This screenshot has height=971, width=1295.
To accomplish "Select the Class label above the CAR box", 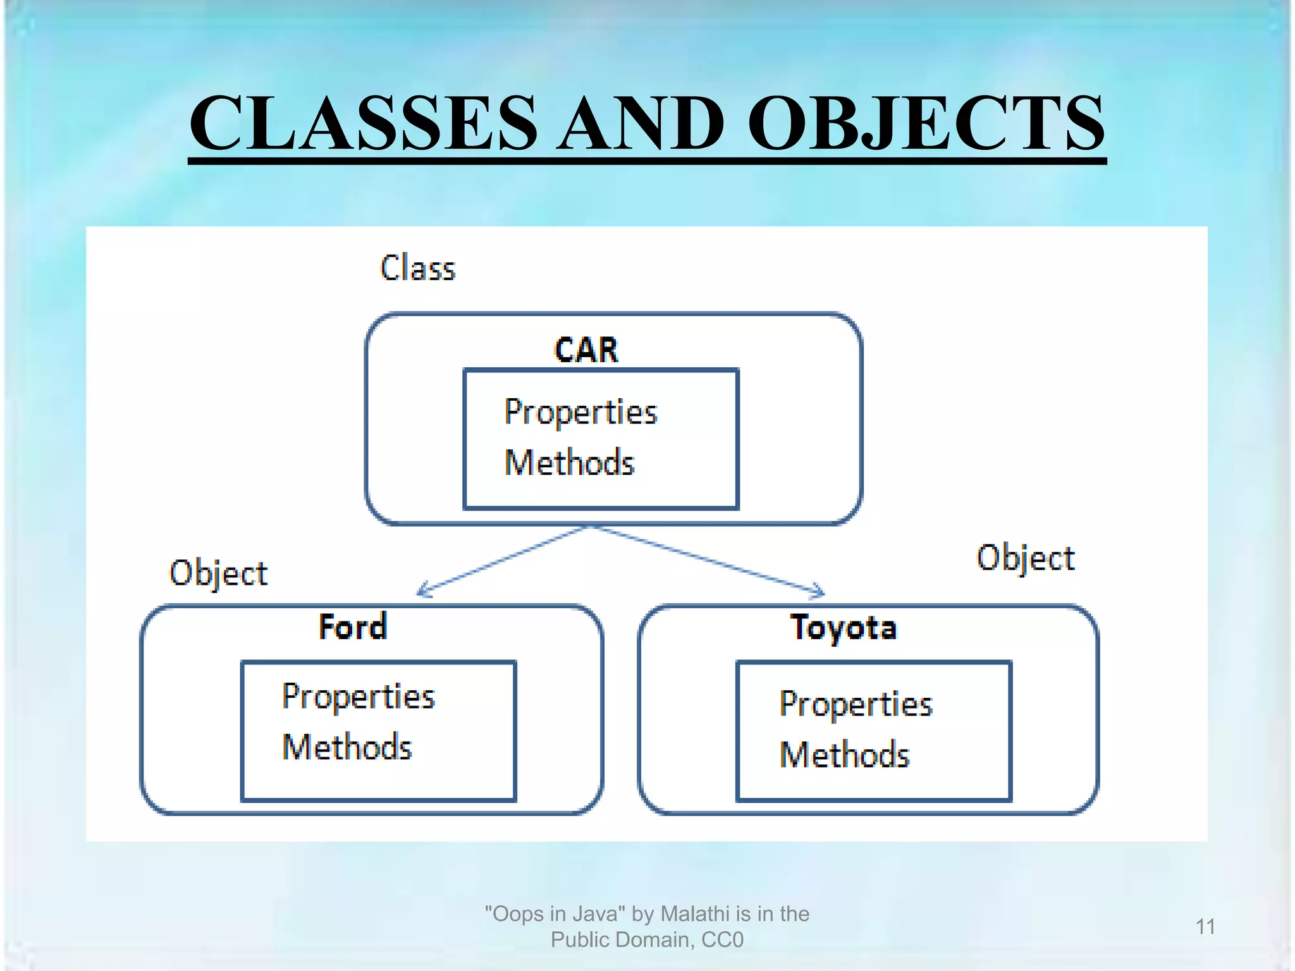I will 417,268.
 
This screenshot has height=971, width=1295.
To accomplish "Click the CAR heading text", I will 586,350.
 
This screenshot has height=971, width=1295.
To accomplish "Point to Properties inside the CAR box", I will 580,413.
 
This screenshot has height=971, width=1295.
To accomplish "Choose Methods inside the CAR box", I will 569,463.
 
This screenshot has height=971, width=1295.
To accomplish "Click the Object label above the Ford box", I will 218,574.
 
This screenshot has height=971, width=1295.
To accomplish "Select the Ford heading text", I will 353,627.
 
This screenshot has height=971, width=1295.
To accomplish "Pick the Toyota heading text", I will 844,628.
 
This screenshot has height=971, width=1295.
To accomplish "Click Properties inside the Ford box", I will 359,697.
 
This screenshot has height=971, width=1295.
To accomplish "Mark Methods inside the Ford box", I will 347,747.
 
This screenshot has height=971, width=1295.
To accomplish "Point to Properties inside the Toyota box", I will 856,705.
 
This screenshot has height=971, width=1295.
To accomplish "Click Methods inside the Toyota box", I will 844,755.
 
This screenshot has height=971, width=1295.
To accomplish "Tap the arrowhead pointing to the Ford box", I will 422,591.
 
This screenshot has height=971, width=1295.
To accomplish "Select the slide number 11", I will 1205,927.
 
